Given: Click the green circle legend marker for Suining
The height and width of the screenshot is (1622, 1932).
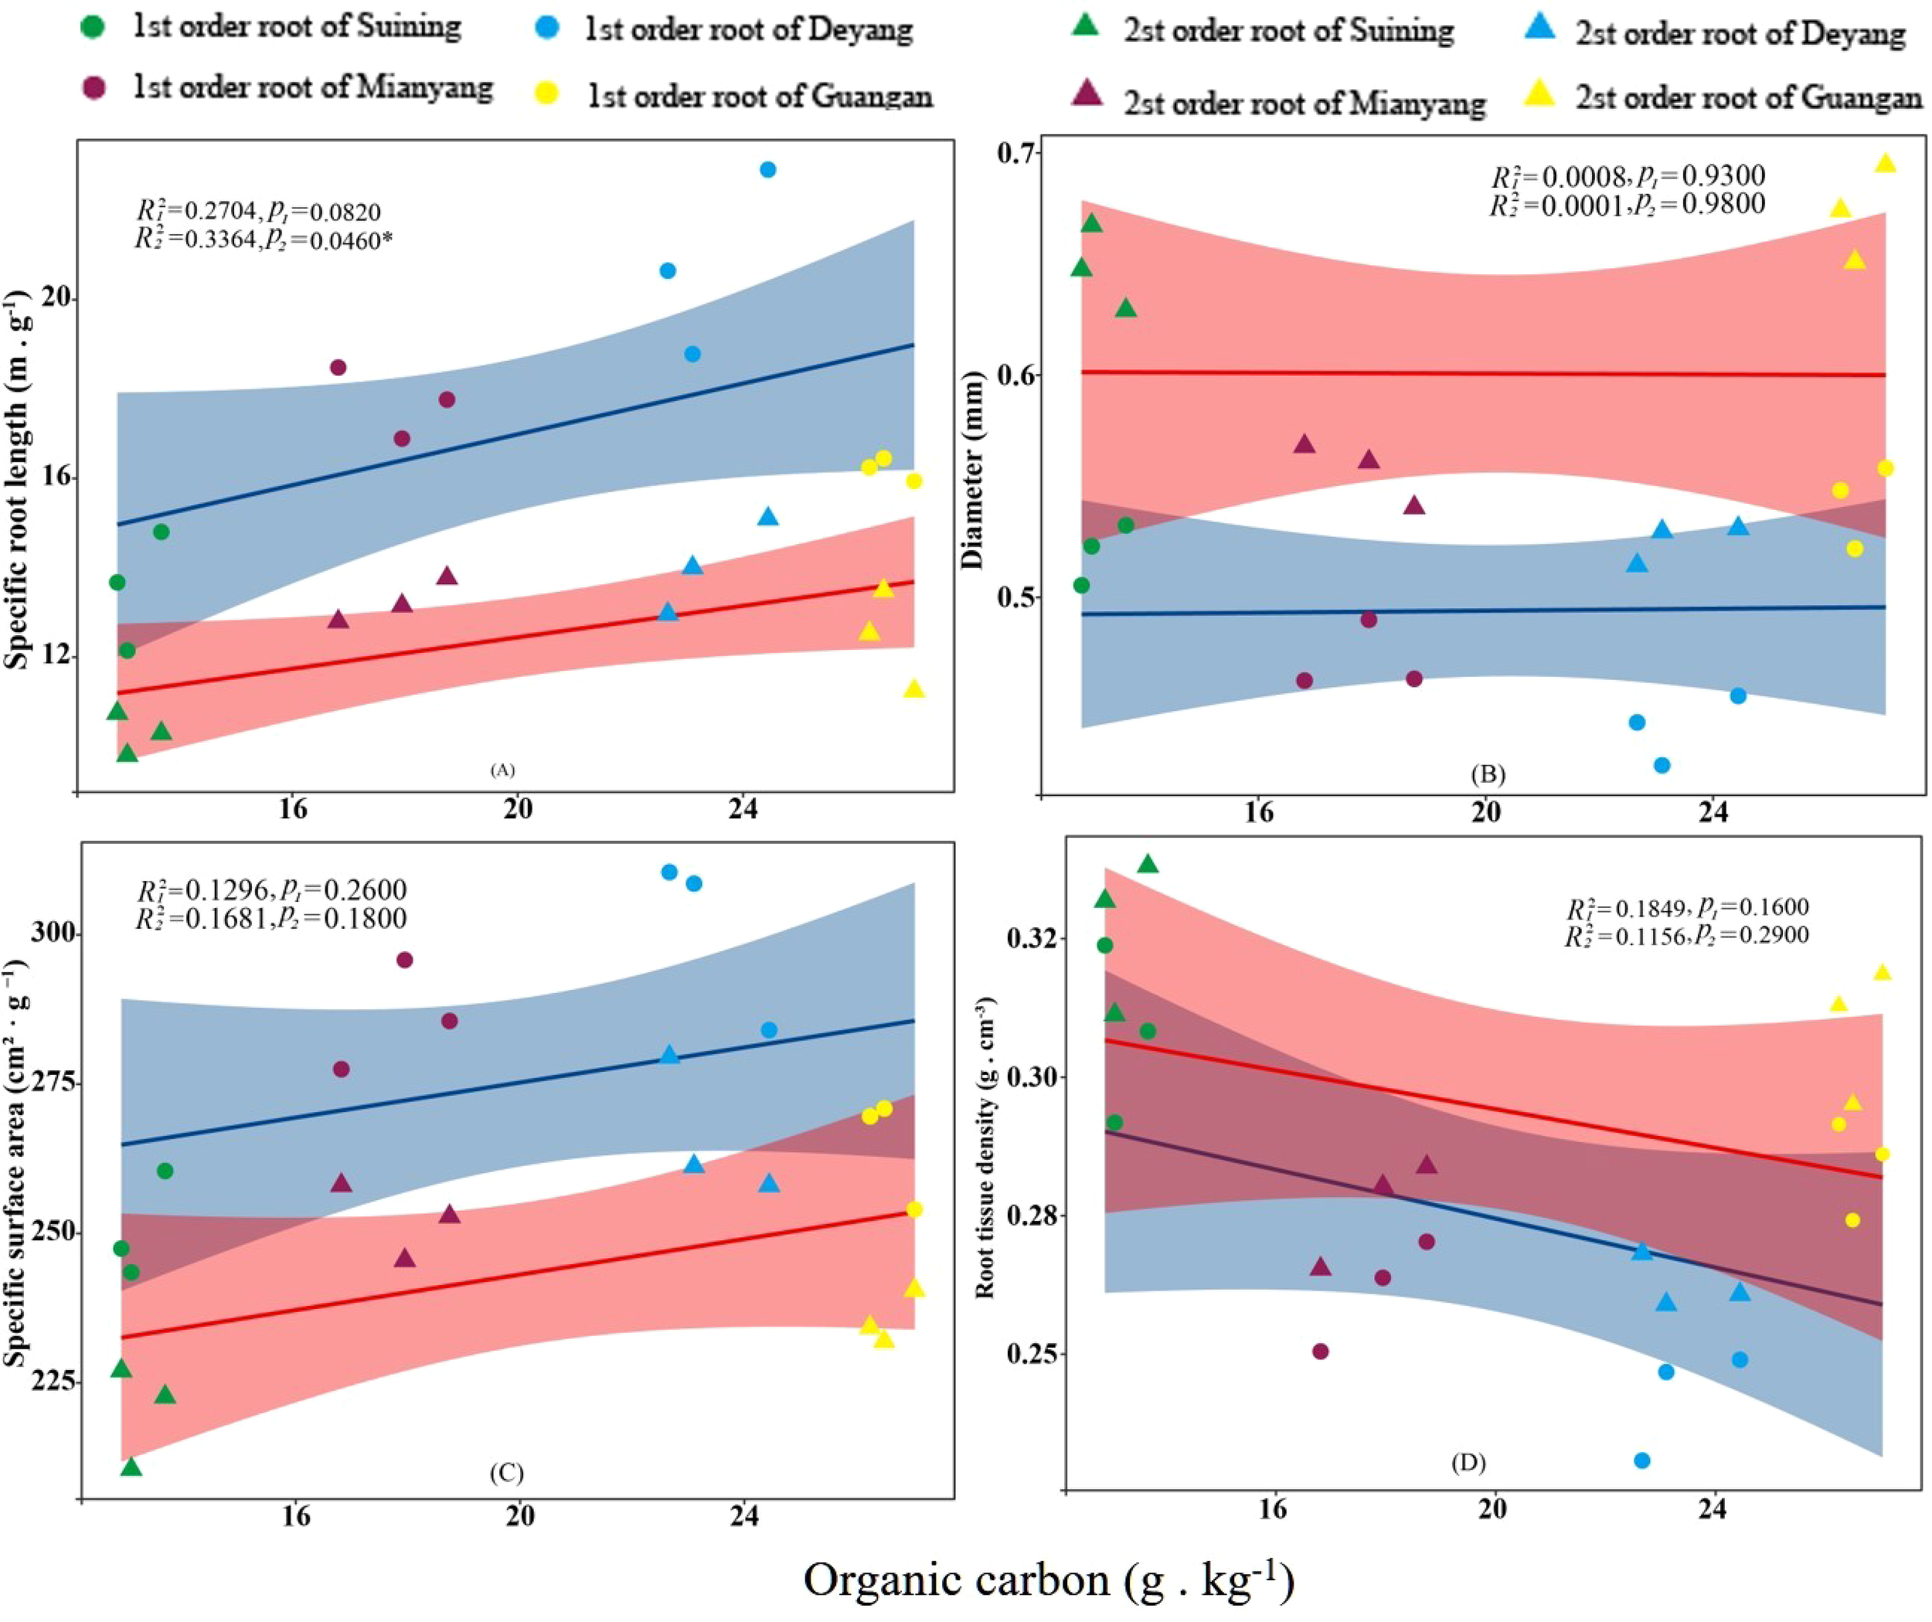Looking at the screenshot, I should (93, 26).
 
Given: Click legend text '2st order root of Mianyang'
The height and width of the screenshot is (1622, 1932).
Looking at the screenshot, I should (1304, 103).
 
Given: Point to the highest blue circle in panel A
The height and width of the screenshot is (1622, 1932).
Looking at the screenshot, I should (768, 169).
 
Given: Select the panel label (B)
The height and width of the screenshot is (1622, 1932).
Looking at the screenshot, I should (1488, 774).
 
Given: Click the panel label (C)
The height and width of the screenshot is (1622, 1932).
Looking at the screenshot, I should (506, 1473).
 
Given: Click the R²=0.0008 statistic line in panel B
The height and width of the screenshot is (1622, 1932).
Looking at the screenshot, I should (1627, 175).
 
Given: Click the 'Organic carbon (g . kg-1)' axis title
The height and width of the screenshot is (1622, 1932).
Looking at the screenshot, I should (1049, 1580).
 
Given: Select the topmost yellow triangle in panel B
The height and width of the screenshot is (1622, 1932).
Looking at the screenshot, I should (1885, 163).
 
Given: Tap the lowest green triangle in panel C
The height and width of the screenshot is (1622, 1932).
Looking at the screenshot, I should (131, 1467).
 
